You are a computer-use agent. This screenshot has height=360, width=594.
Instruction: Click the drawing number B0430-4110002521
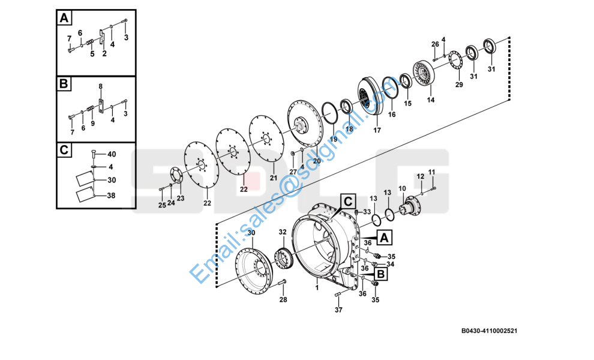coord(489,331)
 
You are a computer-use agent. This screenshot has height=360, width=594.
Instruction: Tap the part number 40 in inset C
coord(112,154)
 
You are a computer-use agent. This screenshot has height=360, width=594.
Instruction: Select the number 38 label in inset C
coord(112,195)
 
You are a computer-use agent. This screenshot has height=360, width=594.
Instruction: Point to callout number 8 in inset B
coord(100,86)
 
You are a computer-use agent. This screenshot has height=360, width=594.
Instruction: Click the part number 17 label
coord(377,130)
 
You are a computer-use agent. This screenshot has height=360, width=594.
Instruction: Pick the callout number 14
coord(430,100)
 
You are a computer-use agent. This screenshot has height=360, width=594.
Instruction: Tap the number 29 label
coord(459,85)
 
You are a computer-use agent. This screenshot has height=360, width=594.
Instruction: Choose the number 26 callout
coord(436,44)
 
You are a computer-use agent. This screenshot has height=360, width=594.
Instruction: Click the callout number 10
coord(402,188)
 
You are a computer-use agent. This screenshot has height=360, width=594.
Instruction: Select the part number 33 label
coord(367,212)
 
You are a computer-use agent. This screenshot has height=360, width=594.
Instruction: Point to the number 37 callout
coord(338,310)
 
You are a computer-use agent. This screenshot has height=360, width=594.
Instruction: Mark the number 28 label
coord(283,299)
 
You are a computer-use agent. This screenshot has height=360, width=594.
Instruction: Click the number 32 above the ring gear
coord(282,232)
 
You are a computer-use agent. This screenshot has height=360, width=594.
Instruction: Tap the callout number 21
coord(273,178)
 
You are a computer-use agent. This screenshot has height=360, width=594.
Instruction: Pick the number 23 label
coord(180,198)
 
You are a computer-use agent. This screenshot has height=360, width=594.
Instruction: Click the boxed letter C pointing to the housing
coord(347,200)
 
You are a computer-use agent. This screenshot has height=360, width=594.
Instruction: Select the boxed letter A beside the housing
coord(385,238)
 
